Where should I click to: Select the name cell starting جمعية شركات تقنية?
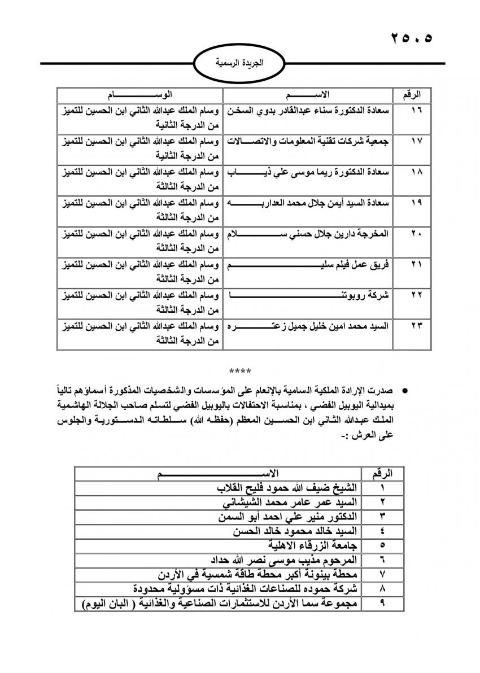pyautogui.click(x=308, y=141)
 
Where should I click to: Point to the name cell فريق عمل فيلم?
pyautogui.click(x=308, y=264)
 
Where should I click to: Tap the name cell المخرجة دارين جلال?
pyautogui.click(x=308, y=233)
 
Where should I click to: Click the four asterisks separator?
pyautogui.click(x=241, y=372)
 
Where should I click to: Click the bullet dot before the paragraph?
pyautogui.click(x=404, y=391)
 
